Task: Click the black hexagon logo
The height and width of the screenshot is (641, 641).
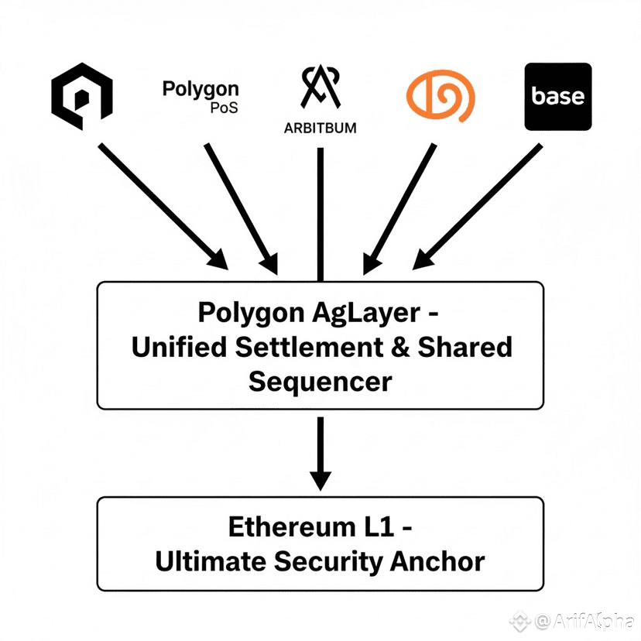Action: click(x=82, y=97)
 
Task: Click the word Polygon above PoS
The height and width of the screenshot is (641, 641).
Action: click(x=201, y=89)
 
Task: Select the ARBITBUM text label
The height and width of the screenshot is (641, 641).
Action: click(x=320, y=128)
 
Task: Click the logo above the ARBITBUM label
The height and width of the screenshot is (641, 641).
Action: click(x=320, y=87)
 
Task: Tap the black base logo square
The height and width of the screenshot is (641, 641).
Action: click(x=558, y=97)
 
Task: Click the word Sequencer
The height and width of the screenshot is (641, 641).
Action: click(x=320, y=381)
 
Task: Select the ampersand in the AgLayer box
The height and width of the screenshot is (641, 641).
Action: click(x=398, y=348)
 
